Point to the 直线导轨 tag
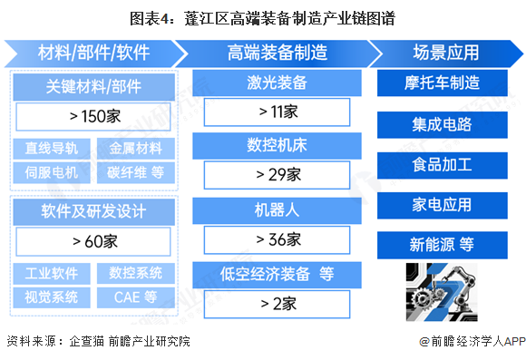pos(52,149)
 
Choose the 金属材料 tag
pos(136,149)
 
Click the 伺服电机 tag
pos(52,171)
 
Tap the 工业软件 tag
pos(52,273)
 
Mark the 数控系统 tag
pos(136,273)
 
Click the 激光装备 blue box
pos(278,83)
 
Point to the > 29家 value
pos(278,173)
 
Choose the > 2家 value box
pos(278,303)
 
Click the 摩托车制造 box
pos(443,83)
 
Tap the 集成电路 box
pos(443,124)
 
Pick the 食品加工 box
pos(443,164)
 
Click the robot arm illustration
pos(443,288)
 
